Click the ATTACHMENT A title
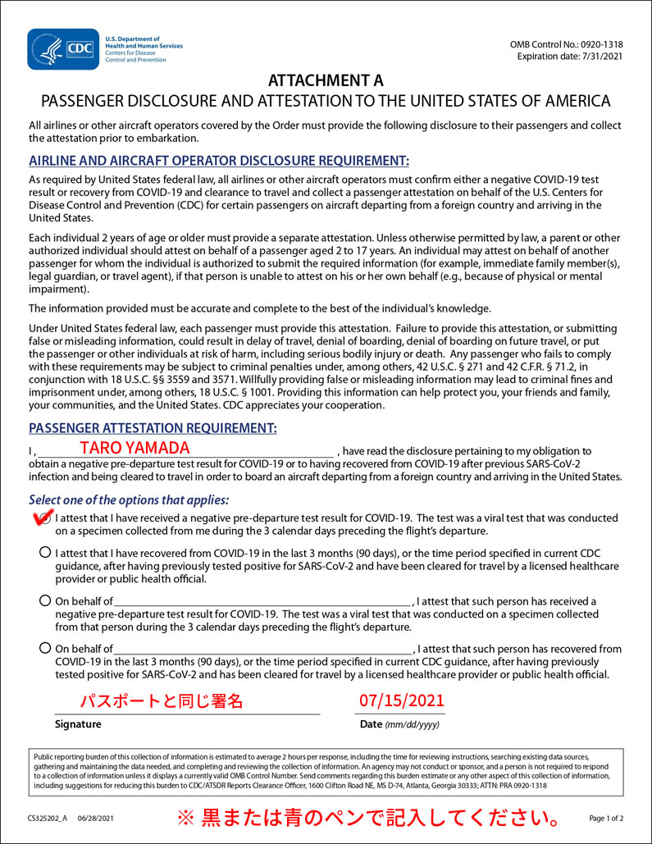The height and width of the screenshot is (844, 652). [x=326, y=80]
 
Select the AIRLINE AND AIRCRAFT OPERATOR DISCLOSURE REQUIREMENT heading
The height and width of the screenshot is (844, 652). [x=219, y=161]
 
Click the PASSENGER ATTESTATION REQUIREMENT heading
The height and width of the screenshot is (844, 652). [x=153, y=428]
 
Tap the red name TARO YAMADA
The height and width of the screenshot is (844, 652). [x=135, y=448]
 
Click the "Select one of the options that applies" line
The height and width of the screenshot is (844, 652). [x=129, y=500]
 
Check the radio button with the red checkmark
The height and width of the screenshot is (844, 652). [x=44, y=518]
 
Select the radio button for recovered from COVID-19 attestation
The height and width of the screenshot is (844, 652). [x=44, y=553]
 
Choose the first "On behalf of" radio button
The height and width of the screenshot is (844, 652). [x=44, y=601]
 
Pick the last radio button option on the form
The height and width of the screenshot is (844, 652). [x=44, y=649]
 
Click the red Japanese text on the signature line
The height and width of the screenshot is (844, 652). [x=162, y=701]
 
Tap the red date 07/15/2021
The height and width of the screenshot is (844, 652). [x=402, y=700]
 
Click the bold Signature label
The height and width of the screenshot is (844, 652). [x=78, y=724]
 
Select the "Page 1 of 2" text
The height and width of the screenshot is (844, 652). [x=606, y=819]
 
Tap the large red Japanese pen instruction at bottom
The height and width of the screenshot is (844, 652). [x=370, y=818]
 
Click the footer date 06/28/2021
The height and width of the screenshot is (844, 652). [x=96, y=819]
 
